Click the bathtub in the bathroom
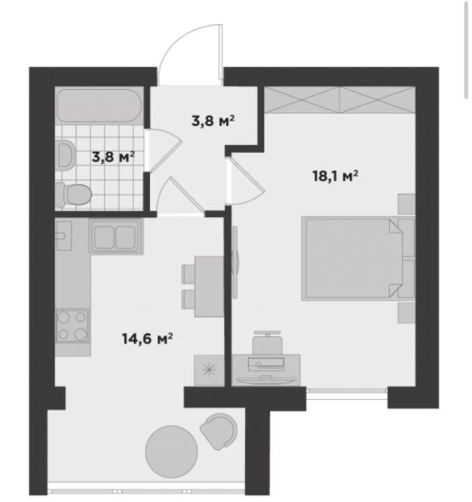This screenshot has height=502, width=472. pyautogui.click(x=99, y=105)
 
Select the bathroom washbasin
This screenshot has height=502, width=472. pyautogui.click(x=66, y=155)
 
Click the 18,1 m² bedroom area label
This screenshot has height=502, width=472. pyautogui.click(x=335, y=176)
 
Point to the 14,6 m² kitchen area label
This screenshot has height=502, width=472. pyautogui.click(x=147, y=338)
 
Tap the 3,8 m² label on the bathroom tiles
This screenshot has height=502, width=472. pyautogui.click(x=113, y=157)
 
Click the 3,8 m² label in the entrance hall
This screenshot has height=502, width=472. pyautogui.click(x=213, y=120)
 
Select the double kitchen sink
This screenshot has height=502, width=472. pyautogui.click(x=115, y=236)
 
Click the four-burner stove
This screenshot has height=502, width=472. pyautogui.click(x=72, y=326)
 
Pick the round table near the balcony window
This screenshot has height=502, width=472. pyautogui.click(x=171, y=451)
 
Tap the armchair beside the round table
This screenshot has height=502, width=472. pyautogui.click(x=220, y=430)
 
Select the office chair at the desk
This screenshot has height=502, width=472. pyautogui.click(x=267, y=343)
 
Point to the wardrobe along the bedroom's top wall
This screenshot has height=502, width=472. pyautogui.click(x=340, y=100)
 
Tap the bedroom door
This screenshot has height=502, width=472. pyautogui.click(x=245, y=181)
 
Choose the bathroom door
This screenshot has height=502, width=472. pyautogui.click(x=164, y=149)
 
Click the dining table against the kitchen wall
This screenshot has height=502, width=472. pyautogui.click(x=209, y=287)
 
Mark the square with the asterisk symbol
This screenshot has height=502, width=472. pyautogui.click(x=209, y=370)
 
